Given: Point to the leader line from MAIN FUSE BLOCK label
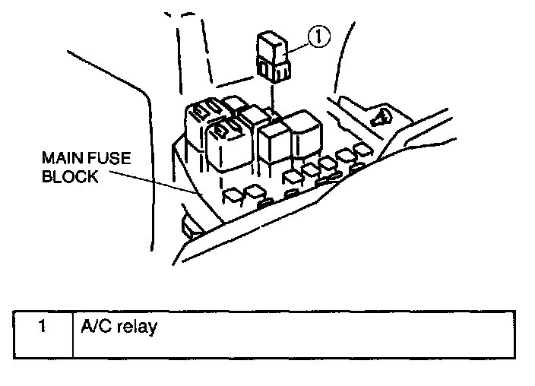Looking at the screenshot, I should point(152,180).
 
